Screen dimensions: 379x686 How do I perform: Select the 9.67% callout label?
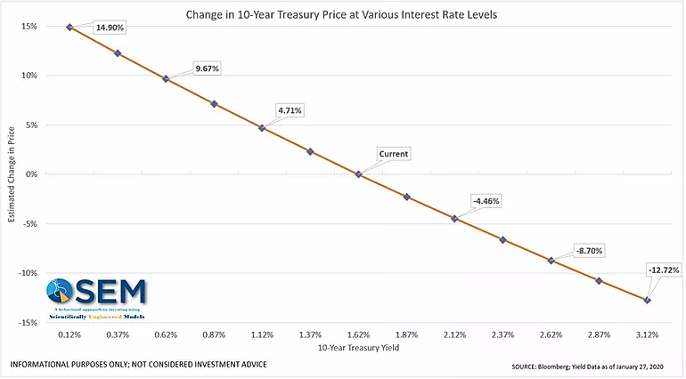tap(207, 69)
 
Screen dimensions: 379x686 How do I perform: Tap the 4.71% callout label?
tap(289, 110)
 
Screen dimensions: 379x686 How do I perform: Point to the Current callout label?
tap(393, 154)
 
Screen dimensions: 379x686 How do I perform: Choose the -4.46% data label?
tap(486, 201)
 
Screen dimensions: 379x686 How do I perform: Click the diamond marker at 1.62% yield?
tap(358, 174)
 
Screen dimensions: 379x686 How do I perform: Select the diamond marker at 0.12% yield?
tap(69, 27)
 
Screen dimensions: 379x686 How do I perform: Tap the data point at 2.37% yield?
tap(502, 240)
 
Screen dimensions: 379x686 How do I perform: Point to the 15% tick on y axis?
tap(29, 27)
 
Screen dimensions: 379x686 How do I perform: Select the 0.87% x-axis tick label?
tap(214, 335)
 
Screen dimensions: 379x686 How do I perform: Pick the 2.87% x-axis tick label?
tap(599, 335)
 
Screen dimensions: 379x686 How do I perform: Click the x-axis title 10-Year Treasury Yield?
tap(358, 348)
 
